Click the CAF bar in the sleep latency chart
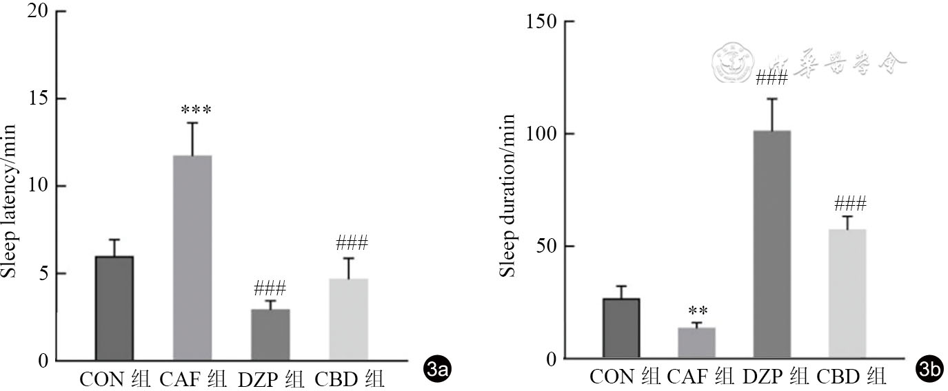(x=192, y=258)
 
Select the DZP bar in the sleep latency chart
(x=270, y=335)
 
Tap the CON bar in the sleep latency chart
(x=114, y=308)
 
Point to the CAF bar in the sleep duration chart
(x=697, y=343)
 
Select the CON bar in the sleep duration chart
(x=621, y=328)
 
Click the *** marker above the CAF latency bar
(x=196, y=110)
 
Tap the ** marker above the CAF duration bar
(x=698, y=311)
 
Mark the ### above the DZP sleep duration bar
(x=771, y=78)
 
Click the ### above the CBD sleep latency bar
(x=352, y=243)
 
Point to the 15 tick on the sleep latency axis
(x=38, y=98)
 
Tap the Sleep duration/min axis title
(x=507, y=195)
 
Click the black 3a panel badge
(x=438, y=371)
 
